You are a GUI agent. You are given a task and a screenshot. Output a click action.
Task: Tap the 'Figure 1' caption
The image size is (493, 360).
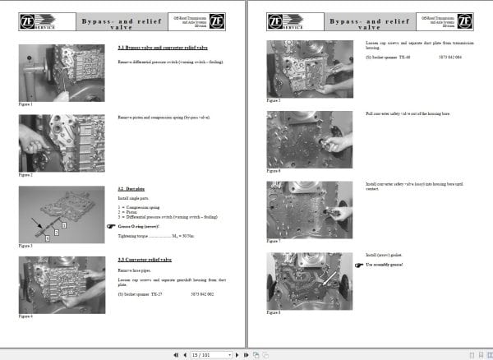click(x=25, y=104)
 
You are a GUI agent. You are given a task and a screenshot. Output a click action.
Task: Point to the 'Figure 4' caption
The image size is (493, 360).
click(x=25, y=315)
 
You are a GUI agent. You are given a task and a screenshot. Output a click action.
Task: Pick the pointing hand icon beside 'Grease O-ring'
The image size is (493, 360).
click(x=111, y=224)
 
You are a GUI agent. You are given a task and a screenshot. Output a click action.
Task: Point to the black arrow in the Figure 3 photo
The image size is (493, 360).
click(x=37, y=222)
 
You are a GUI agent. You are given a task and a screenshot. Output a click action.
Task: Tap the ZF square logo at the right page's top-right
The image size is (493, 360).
click(x=463, y=19)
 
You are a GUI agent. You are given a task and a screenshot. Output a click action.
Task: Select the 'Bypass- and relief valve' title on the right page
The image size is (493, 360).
click(x=370, y=20)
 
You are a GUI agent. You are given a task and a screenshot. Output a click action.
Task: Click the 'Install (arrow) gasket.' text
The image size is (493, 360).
click(x=383, y=256)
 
